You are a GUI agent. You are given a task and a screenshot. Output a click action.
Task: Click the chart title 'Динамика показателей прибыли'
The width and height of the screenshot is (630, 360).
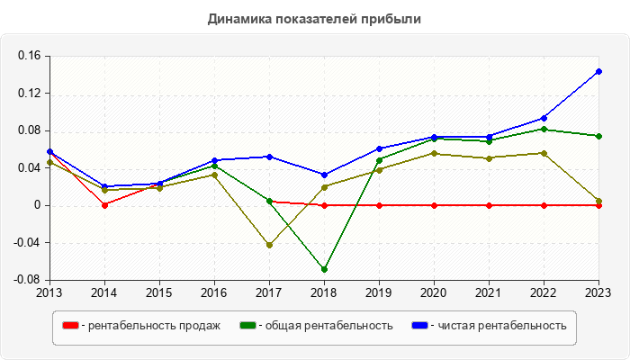(314, 18)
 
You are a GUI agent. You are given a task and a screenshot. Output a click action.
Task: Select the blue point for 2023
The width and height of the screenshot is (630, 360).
(598, 72)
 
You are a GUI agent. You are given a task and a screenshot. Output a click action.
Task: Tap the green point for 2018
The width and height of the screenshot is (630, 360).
(324, 269)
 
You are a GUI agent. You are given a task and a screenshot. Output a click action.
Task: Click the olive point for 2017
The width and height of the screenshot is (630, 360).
(269, 245)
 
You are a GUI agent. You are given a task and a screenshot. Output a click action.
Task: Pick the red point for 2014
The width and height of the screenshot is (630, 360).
(104, 205)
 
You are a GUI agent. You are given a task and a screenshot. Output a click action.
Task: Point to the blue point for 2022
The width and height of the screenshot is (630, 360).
(544, 118)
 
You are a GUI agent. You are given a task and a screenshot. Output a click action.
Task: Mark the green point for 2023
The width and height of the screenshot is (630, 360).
(598, 136)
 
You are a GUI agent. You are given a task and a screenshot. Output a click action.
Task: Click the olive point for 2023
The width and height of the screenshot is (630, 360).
(598, 201)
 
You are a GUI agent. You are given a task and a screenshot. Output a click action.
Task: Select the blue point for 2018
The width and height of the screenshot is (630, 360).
(324, 175)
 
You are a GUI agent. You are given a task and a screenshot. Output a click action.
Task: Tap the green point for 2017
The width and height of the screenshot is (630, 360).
(269, 201)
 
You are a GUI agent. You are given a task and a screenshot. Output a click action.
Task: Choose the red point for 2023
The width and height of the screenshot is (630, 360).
(598, 205)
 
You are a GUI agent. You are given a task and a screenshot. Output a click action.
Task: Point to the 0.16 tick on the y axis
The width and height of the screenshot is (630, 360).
(30, 56)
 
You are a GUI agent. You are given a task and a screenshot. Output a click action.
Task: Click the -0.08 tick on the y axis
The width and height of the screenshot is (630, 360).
(28, 280)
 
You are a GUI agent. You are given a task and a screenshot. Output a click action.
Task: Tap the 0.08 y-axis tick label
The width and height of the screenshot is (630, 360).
(30, 130)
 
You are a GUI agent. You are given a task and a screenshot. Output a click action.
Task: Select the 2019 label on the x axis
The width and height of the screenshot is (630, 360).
(379, 292)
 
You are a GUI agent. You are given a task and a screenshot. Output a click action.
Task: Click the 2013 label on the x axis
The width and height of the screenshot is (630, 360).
(49, 292)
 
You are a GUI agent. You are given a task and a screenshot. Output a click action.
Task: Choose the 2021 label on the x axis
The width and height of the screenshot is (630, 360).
(489, 292)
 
